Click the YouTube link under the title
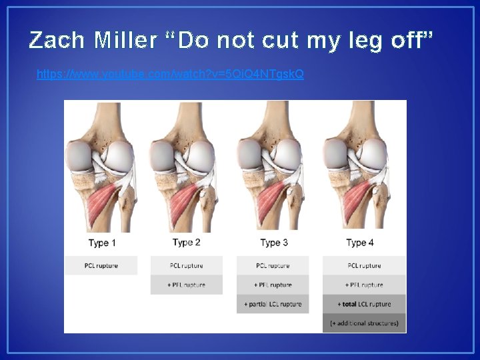(170, 74)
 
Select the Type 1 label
(102, 243)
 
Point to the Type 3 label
(274, 243)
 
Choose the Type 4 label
(360, 243)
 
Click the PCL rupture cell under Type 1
(101, 265)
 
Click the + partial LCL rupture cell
(273, 304)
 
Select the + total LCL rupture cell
(364, 304)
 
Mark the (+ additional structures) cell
(364, 323)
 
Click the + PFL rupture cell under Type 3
(273, 285)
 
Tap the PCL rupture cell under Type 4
(364, 265)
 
